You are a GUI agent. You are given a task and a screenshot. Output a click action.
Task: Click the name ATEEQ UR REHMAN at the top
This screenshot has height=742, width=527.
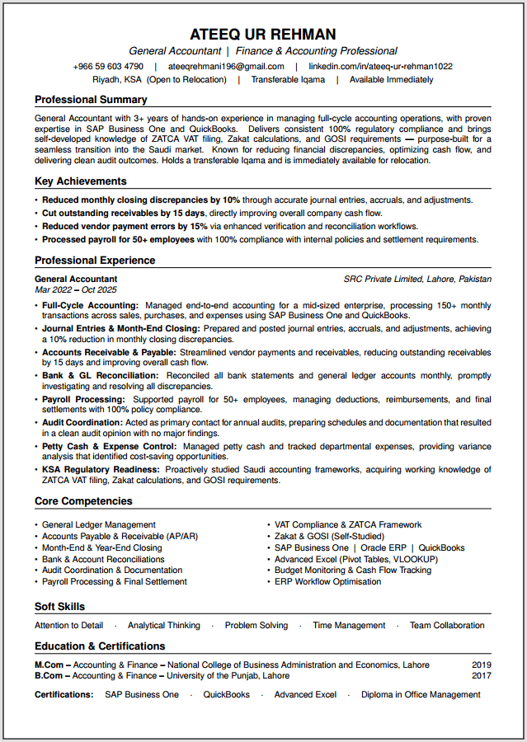[263, 34]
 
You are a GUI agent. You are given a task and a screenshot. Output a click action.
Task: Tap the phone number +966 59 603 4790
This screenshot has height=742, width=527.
[108, 66]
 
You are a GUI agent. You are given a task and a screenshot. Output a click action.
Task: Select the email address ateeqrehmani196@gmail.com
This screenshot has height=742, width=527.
[226, 66]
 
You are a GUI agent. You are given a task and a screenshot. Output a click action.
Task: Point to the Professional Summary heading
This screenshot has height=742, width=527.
[91, 100]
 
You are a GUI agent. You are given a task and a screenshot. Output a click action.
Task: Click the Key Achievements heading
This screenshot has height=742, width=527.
[81, 181]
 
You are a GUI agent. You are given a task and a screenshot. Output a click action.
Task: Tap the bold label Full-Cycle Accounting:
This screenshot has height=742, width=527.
[90, 306]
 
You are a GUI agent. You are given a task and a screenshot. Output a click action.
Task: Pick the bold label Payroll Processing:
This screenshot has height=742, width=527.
[83, 400]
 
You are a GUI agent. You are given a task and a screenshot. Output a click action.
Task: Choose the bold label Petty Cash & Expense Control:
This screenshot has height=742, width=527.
[109, 446]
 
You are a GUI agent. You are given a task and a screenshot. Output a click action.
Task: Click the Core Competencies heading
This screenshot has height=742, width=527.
[83, 501]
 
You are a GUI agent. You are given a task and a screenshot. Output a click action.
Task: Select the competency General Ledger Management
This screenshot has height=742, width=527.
[99, 524]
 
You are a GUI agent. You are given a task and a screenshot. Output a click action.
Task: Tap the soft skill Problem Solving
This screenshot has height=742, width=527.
[256, 626]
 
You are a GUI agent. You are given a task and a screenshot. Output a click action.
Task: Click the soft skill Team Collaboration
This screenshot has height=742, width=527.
[447, 626]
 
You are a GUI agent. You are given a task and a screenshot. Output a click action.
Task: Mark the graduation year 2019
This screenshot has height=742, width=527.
[482, 665]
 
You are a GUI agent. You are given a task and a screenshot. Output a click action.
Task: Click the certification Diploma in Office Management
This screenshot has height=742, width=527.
[421, 695]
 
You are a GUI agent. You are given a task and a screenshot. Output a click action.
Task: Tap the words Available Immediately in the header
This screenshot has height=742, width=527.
[391, 80]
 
